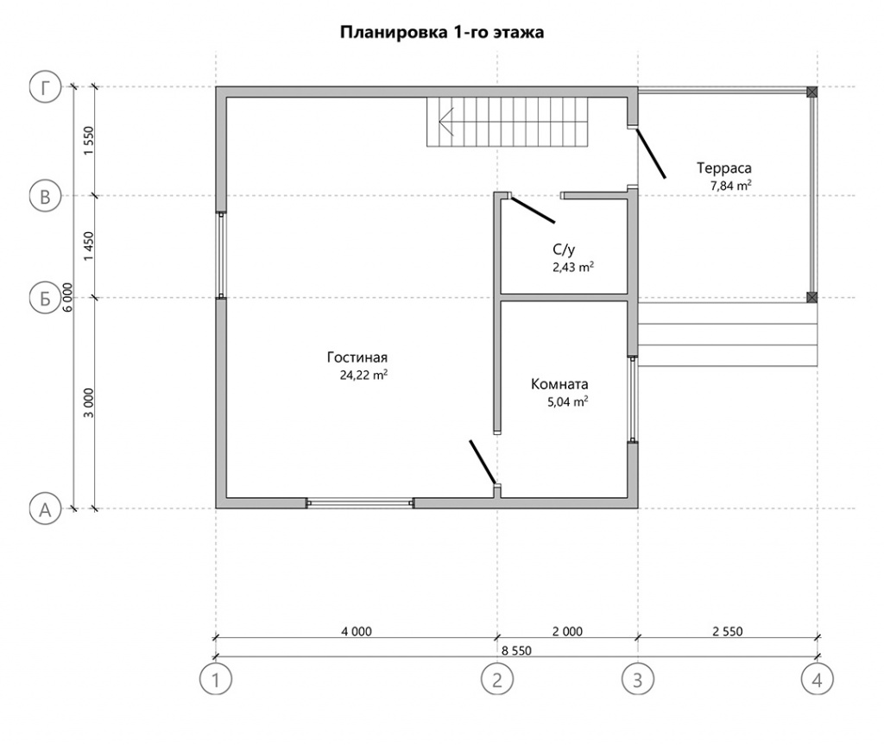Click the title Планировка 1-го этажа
click(442, 33)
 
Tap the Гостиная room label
click(357, 357)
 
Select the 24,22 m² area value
click(363, 375)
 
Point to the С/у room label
click(564, 249)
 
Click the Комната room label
click(559, 384)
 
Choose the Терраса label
click(724, 168)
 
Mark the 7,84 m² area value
click(730, 186)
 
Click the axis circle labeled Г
click(45, 88)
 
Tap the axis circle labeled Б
click(45, 299)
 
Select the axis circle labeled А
click(45, 509)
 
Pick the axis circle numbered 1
click(215, 679)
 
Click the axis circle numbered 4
click(817, 679)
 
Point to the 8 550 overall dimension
click(516, 650)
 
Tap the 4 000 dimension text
click(357, 632)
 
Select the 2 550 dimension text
click(727, 632)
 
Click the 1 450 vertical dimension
click(89, 246)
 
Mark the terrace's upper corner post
click(811, 92)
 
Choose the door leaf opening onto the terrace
click(651, 154)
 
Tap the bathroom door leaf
click(533, 209)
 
